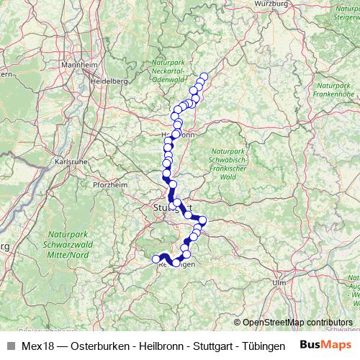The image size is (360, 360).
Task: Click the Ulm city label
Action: [x=279, y=283]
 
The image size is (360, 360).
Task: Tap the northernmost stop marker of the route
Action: [x=204, y=76]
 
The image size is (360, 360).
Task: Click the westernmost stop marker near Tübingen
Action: [x=156, y=259]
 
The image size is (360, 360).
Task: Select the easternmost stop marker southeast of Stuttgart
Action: [x=203, y=220]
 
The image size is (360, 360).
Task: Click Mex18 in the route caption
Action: [x=33, y=345]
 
